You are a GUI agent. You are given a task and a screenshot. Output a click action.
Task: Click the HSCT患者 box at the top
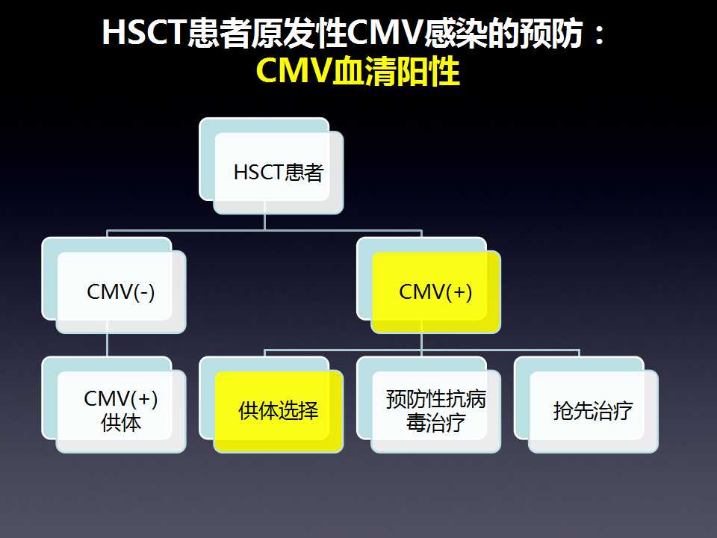tap(271, 166)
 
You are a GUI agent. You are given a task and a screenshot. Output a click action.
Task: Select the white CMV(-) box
tap(114, 285)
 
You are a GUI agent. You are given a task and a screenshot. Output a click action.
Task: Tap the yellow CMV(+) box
tap(429, 285)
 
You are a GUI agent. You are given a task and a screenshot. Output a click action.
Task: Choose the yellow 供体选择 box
tap(271, 405)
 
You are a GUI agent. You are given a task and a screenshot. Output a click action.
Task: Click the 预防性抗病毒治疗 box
tap(429, 405)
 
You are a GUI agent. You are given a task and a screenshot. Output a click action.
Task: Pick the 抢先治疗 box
tap(586, 405)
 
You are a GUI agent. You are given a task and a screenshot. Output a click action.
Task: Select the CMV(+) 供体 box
tap(114, 405)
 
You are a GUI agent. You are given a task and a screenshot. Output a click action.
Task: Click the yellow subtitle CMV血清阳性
tap(358, 72)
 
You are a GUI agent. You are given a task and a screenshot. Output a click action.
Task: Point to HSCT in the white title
tap(143, 32)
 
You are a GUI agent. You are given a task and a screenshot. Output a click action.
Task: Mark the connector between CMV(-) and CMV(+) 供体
tap(107, 345)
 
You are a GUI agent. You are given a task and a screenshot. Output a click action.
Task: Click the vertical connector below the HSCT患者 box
tap(264, 222)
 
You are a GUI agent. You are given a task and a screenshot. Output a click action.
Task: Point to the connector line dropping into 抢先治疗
tap(580, 353)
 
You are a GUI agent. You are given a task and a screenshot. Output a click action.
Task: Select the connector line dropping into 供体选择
tap(264, 353)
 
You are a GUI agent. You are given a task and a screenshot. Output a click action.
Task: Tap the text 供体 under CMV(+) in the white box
tap(121, 423)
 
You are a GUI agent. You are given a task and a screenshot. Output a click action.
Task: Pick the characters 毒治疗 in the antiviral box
tap(435, 423)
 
